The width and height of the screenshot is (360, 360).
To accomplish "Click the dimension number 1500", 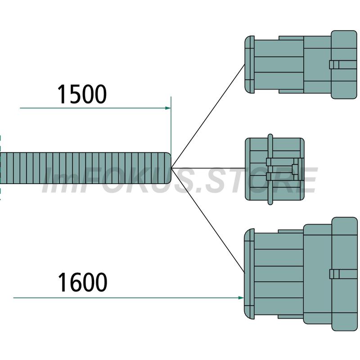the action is [x=82, y=94].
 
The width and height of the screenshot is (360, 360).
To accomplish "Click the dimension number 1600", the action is [x=82, y=282].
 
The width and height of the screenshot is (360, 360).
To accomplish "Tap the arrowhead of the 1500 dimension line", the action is [x=168, y=108].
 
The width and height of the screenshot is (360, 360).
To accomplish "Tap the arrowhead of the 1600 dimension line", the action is [x=241, y=298].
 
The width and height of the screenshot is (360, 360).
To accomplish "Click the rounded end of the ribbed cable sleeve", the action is [x=167, y=168].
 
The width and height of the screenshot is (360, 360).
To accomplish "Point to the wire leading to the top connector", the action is [x=208, y=116].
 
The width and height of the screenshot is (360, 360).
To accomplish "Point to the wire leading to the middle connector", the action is [x=208, y=168].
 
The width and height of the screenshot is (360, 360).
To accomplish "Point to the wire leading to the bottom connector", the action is [x=208, y=220].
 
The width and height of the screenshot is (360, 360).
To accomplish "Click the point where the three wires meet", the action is [x=171, y=168].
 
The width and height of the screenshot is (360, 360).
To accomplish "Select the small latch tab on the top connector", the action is [x=334, y=65].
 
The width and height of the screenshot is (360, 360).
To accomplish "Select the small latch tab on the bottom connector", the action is [x=334, y=274].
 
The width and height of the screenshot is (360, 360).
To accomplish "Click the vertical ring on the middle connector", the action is [x=270, y=169].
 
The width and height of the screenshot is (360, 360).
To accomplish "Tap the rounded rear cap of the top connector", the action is [x=344, y=65].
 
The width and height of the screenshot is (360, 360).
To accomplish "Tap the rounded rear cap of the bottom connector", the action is [x=344, y=274].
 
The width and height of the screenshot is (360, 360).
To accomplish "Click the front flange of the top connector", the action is [x=250, y=64].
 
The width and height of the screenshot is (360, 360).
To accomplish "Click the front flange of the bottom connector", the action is [x=249, y=274].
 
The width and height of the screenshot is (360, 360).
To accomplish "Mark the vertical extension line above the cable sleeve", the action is [x=171, y=125].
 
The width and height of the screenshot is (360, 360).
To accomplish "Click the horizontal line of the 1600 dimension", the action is [x=129, y=298].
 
